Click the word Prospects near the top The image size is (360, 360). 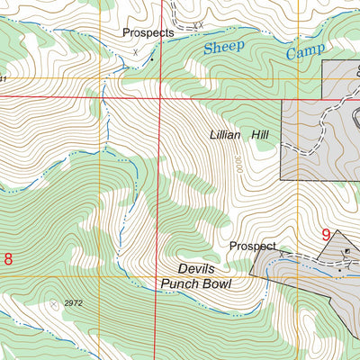tap(148, 32)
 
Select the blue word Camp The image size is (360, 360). tap(306, 52)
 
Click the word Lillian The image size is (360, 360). tap(227, 134)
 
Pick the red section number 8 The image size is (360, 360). tap(8, 260)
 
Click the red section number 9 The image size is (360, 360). tap(326, 236)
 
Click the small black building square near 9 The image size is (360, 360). tap(346, 236)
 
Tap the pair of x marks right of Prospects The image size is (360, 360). tap(199, 24)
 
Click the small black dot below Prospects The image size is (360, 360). tap(151, 60)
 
